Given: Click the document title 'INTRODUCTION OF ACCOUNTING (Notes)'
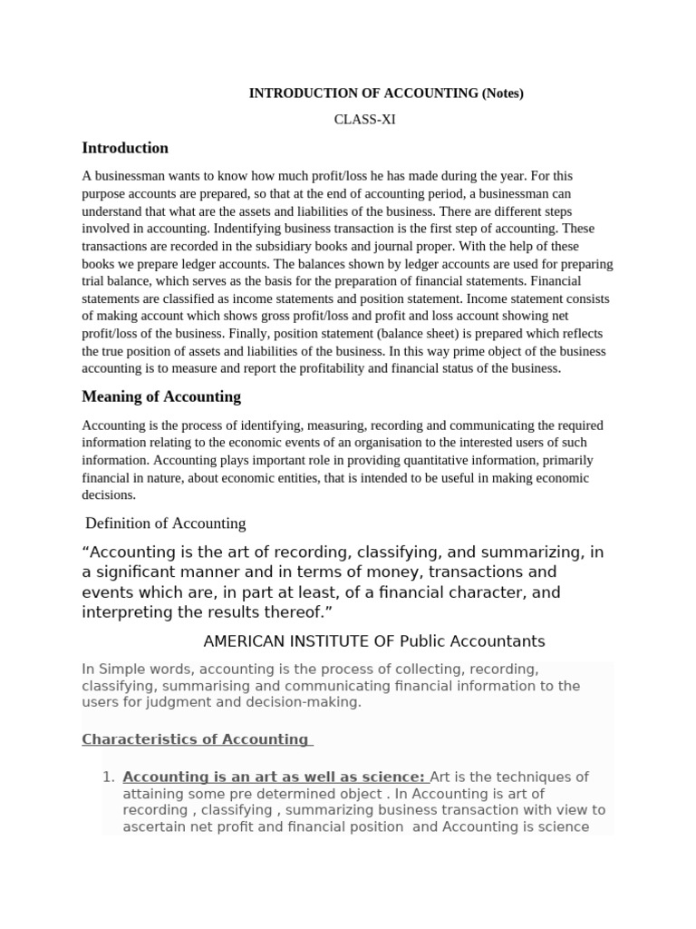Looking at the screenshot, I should pos(386,93).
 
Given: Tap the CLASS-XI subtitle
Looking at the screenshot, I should pos(365,119).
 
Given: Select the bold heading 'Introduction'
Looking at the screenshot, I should pos(125,148).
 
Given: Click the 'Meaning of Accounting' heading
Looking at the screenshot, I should pos(161,396).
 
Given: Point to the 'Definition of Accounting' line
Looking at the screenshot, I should pos(166,523).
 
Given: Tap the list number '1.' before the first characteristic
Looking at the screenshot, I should pos(108,777).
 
